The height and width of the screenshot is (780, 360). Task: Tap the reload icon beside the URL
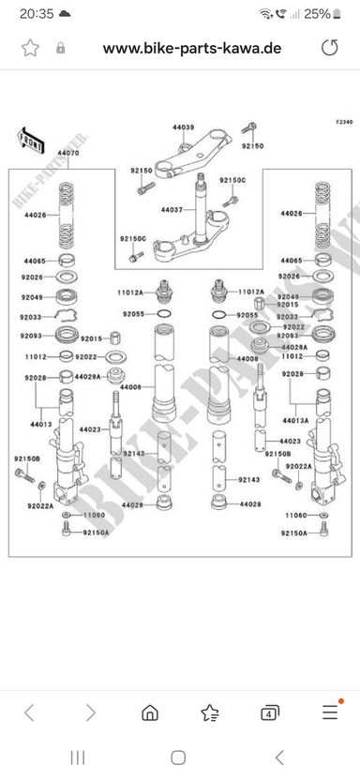pyautogui.click(x=329, y=48)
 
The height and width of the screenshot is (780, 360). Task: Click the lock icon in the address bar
pyautogui.click(x=61, y=48)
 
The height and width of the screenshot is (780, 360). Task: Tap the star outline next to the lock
pyautogui.click(x=30, y=48)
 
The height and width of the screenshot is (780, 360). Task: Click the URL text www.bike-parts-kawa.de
pyautogui.click(x=192, y=48)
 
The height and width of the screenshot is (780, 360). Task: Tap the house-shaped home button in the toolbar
pyautogui.click(x=150, y=712)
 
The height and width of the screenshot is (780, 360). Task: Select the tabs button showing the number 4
pyautogui.click(x=269, y=712)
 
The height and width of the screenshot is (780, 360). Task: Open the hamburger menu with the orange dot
pyautogui.click(x=330, y=712)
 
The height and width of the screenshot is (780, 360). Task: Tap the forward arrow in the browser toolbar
pyautogui.click(x=91, y=712)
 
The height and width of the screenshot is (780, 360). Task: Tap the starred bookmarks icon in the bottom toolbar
pyautogui.click(x=210, y=712)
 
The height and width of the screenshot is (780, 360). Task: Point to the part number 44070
pyautogui.click(x=67, y=153)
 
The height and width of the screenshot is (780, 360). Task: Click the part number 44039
pyautogui.click(x=184, y=127)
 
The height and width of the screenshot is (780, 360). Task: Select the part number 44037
pyautogui.click(x=172, y=210)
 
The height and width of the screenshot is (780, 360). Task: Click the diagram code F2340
pyautogui.click(x=344, y=122)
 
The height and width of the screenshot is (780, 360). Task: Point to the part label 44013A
pyautogui.click(x=296, y=420)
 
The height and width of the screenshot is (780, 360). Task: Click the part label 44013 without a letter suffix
pyautogui.click(x=41, y=425)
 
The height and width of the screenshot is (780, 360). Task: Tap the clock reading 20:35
pyautogui.click(x=37, y=14)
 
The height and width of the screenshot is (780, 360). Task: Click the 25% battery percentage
pyautogui.click(x=317, y=14)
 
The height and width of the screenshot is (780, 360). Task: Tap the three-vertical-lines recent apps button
pyautogui.click(x=78, y=757)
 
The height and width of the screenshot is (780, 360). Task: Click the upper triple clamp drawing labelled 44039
pyautogui.click(x=192, y=154)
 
